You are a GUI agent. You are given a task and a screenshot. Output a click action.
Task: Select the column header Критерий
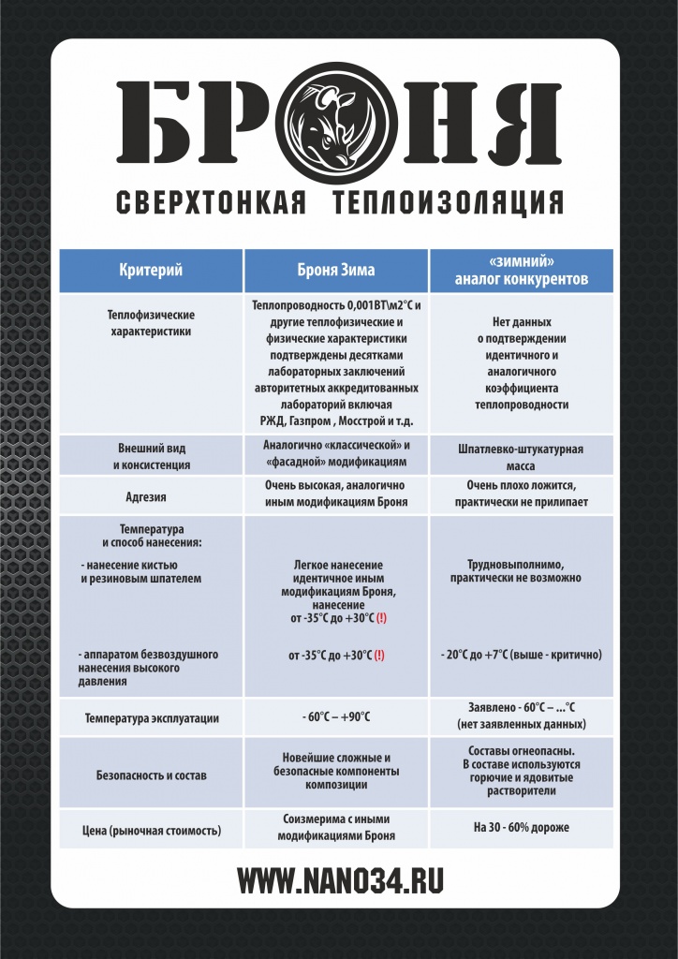click(151, 271)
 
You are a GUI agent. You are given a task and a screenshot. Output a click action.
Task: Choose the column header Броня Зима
click(335, 271)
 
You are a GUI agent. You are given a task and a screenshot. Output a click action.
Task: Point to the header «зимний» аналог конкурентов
click(522, 271)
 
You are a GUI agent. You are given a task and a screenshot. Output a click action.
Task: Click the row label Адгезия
click(151, 496)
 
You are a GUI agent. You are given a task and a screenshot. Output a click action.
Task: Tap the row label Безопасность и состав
click(151, 775)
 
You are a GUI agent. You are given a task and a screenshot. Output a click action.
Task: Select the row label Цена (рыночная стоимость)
click(151, 830)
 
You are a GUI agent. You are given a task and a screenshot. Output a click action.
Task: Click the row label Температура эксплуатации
click(151, 718)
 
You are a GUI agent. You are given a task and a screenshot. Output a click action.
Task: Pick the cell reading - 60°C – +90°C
click(336, 717)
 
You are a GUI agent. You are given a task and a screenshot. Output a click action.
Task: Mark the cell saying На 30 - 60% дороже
click(522, 828)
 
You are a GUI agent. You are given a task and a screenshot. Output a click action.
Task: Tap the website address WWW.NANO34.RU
click(339, 881)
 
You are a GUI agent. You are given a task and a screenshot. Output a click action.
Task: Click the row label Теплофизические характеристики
click(151, 323)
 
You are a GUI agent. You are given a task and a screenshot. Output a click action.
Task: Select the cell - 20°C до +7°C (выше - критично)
click(522, 654)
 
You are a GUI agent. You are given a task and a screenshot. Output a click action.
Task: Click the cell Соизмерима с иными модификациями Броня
click(336, 828)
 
